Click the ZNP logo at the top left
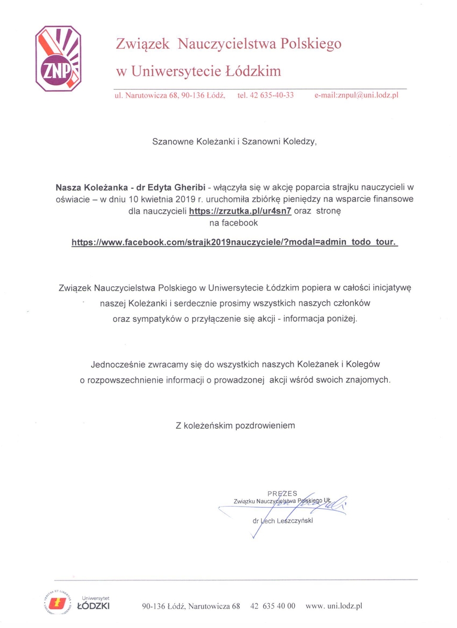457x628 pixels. pyautogui.click(x=58, y=59)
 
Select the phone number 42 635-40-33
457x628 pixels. pyautogui.click(x=265, y=95)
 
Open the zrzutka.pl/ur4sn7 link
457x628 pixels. pyautogui.click(x=239, y=211)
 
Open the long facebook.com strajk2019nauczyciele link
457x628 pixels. pyautogui.click(x=235, y=243)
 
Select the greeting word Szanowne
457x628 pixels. pyautogui.click(x=173, y=141)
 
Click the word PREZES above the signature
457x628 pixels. pyautogui.click(x=282, y=494)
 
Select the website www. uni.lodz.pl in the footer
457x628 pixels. pyautogui.click(x=334, y=606)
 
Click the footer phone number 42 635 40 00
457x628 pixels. pyautogui.click(x=273, y=606)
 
